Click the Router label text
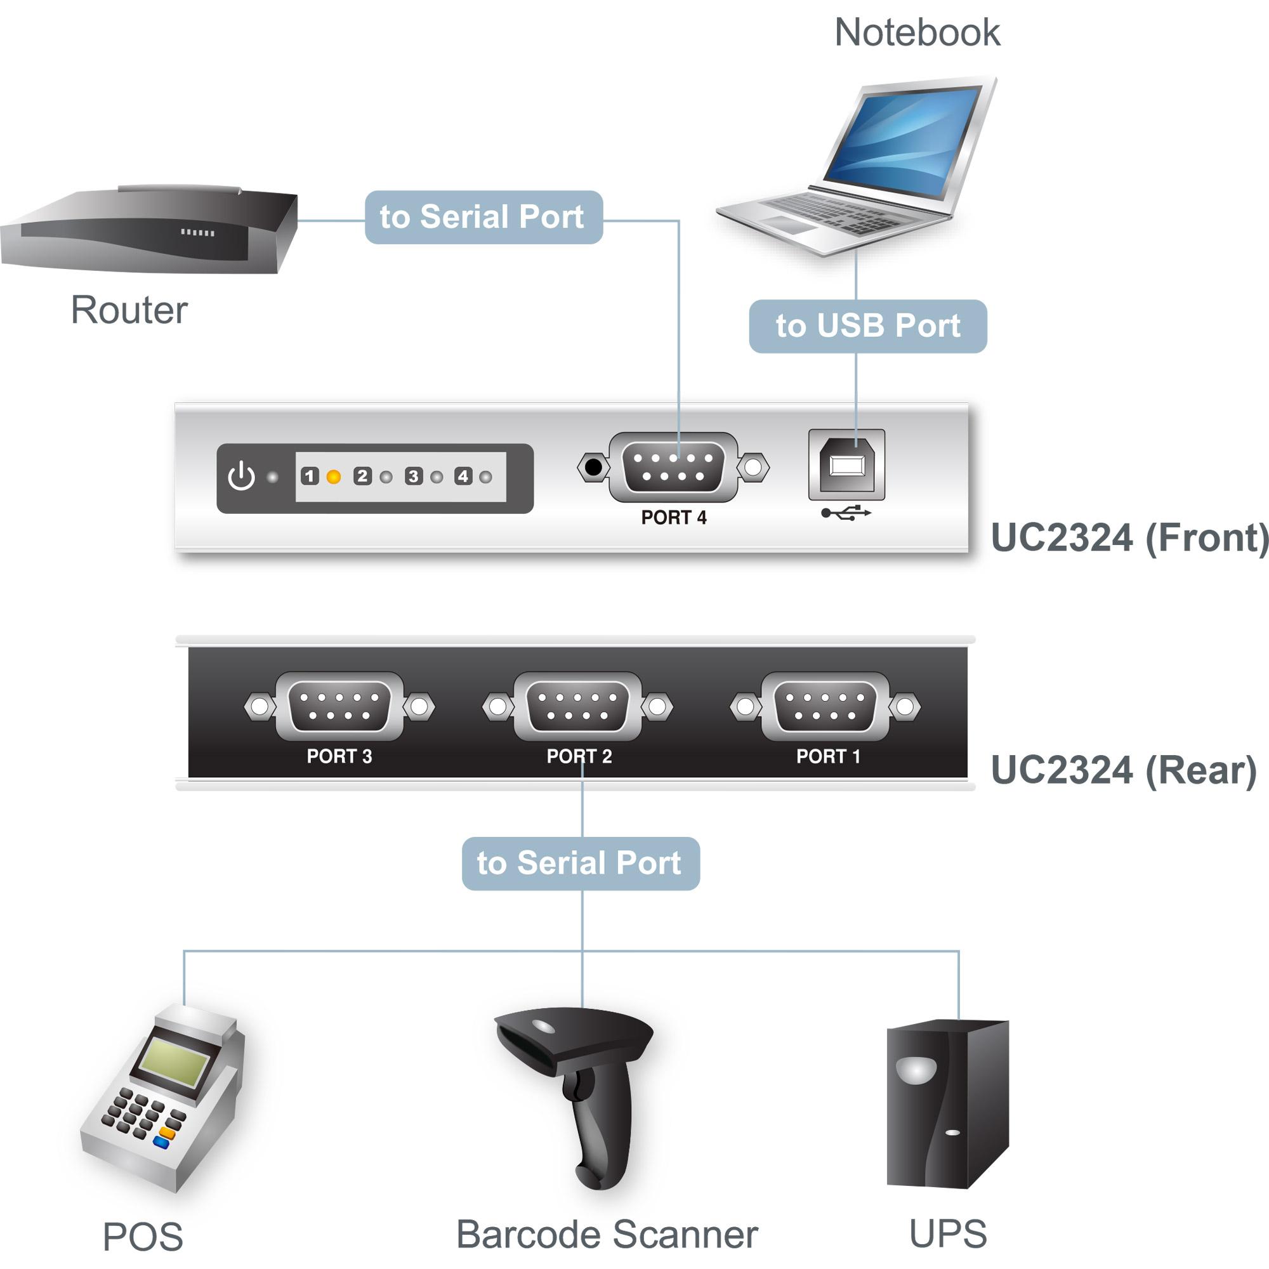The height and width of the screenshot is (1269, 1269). click(129, 310)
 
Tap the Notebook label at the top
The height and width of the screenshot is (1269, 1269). click(916, 32)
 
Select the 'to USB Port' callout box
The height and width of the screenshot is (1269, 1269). click(867, 326)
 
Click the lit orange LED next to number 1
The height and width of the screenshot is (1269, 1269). click(334, 477)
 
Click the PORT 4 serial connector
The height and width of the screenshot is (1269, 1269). click(673, 467)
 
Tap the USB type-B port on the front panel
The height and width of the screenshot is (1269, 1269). click(846, 465)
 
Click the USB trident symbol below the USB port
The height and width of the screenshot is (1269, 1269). click(846, 512)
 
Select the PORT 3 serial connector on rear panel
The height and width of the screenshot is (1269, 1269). click(339, 707)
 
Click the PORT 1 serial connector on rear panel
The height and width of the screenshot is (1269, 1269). click(825, 707)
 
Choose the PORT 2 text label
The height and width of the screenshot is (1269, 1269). click(579, 756)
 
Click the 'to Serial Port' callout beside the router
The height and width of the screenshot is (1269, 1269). click(483, 218)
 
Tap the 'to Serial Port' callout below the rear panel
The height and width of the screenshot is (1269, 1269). click(581, 864)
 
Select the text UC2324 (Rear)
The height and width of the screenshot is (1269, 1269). click(1123, 770)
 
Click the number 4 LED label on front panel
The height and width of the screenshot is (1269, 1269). click(463, 477)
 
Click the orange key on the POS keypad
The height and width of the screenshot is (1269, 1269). click(168, 1133)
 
